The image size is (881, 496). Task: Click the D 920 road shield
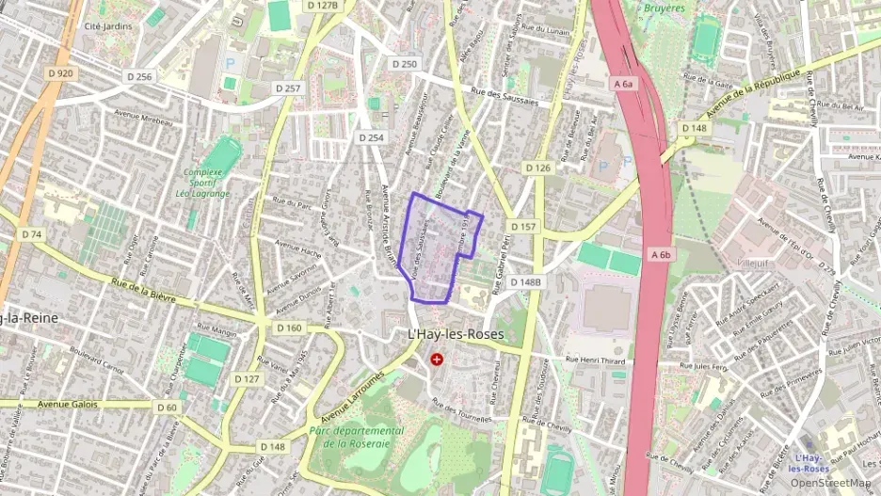pyautogui.click(x=58, y=73)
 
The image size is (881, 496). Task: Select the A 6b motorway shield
pyautogui.click(x=660, y=254)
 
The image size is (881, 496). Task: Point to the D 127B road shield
pyautogui.click(x=321, y=5)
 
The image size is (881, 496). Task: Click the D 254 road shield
pyautogui.click(x=371, y=137)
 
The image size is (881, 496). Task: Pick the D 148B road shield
pyautogui.click(x=526, y=281)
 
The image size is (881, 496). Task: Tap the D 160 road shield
pyautogui.click(x=290, y=328)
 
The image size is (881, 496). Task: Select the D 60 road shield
pyautogui.click(x=166, y=407)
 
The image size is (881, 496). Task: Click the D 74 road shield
pyautogui.click(x=31, y=234)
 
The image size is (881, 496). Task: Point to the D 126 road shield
pyautogui.click(x=537, y=168)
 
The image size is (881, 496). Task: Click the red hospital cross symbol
pyautogui.click(x=437, y=359)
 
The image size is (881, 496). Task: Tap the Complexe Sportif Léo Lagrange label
pyautogui.click(x=203, y=183)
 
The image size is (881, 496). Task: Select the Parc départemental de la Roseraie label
pyautogui.click(x=357, y=437)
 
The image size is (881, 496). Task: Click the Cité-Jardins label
pyautogui.click(x=107, y=26)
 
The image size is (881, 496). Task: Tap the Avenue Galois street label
pyautogui.click(x=69, y=404)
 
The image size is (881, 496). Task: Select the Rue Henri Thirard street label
pyautogui.click(x=596, y=360)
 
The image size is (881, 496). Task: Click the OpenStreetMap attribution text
pyautogui.click(x=830, y=483)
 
